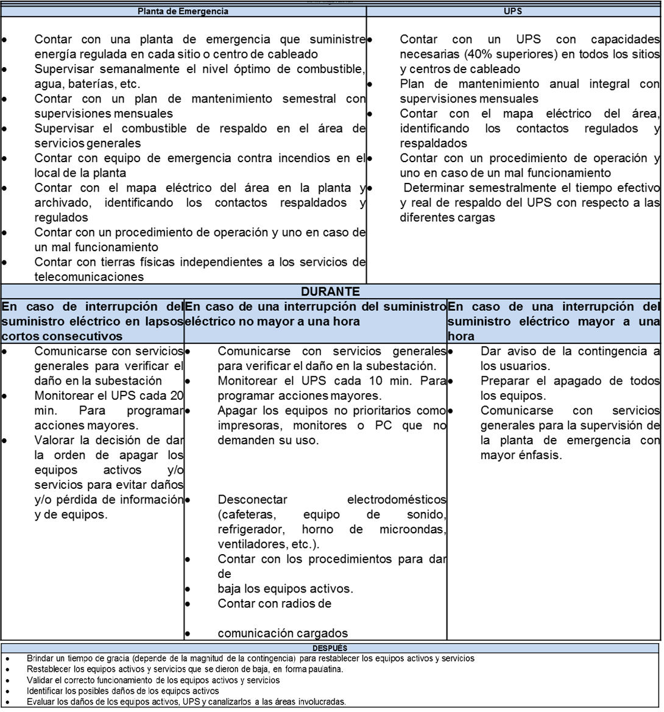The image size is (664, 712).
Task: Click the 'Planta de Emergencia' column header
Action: [183, 11]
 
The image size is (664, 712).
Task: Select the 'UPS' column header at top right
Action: [514, 11]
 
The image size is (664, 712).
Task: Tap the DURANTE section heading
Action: [330, 292]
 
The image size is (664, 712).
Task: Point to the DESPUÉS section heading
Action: [330, 648]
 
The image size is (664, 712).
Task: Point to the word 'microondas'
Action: [413, 529]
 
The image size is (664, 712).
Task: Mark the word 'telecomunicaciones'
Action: [89, 277]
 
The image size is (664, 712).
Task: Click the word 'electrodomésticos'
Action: [396, 500]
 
